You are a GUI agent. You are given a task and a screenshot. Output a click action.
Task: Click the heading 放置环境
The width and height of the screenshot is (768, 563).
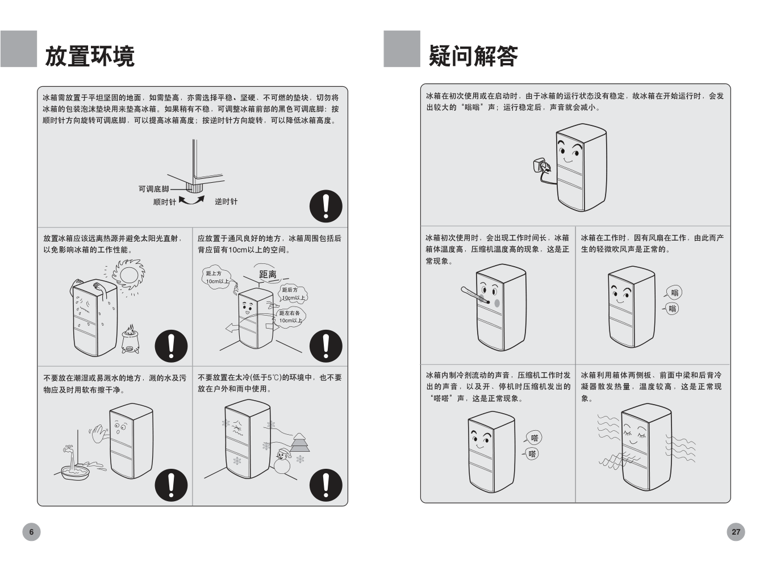[89, 56]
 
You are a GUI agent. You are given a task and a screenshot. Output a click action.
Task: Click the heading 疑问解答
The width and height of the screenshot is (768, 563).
[473, 56]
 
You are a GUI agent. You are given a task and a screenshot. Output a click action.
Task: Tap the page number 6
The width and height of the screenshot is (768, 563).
[31, 532]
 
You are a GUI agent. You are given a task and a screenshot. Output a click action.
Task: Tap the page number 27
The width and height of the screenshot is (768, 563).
[736, 532]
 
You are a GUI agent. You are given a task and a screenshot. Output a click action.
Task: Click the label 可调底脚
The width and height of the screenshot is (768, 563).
[153, 189]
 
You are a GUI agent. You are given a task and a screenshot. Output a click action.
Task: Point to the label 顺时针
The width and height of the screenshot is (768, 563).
[164, 202]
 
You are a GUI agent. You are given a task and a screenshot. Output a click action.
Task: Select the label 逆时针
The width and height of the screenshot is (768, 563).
[226, 202]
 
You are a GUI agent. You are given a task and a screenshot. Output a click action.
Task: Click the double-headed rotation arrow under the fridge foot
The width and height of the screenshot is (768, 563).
[191, 200]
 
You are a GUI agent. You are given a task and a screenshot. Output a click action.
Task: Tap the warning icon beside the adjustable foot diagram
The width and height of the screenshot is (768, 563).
[325, 206]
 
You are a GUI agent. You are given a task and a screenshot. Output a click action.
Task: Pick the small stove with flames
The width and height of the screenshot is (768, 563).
[131, 339]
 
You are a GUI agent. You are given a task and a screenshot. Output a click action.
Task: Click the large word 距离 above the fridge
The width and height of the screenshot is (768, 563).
[268, 275]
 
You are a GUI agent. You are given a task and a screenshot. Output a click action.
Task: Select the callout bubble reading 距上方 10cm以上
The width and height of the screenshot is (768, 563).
[217, 278]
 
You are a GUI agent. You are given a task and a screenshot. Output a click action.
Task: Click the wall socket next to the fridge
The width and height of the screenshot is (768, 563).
[541, 166]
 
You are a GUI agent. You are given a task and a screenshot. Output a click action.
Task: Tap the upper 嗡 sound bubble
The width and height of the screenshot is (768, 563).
[674, 293]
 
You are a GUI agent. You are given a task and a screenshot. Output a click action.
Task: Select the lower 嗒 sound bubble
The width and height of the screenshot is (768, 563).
[532, 453]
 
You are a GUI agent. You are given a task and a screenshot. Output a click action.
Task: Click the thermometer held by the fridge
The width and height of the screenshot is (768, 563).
[474, 295]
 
